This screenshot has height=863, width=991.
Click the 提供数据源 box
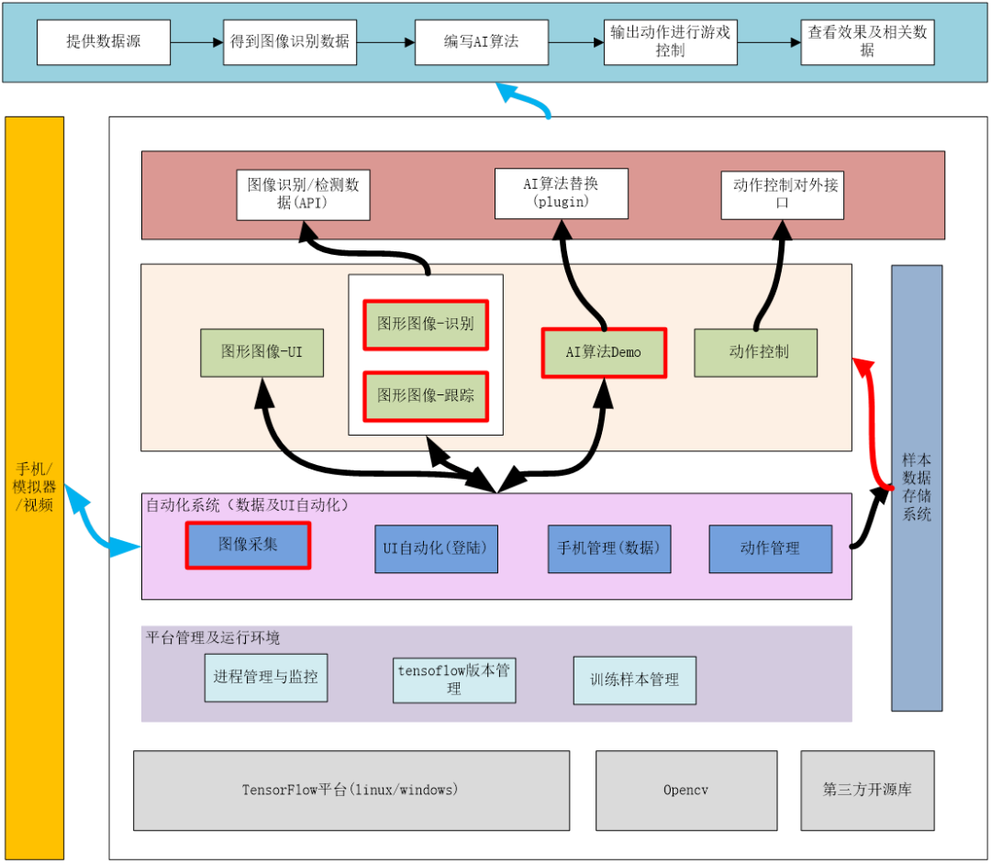104,41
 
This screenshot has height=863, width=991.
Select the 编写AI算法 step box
481,41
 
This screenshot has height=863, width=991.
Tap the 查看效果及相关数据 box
867,41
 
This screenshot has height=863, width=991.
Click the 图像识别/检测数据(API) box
303,194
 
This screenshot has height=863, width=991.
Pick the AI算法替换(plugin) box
561,193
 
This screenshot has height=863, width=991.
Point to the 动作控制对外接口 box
782,194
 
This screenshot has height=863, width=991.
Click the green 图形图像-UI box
262,352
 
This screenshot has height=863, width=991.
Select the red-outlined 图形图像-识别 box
426,325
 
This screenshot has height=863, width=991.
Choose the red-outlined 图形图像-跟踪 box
426,395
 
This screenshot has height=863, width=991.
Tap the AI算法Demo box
604,352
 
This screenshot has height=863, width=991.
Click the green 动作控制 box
755,352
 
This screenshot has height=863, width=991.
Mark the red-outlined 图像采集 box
248,545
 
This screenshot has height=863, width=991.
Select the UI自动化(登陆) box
436,548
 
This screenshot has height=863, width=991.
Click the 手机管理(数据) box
609,548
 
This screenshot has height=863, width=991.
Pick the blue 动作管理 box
770,548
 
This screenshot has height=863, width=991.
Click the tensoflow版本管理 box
453,680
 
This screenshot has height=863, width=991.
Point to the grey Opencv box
685,790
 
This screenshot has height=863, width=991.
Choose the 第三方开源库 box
867,790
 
